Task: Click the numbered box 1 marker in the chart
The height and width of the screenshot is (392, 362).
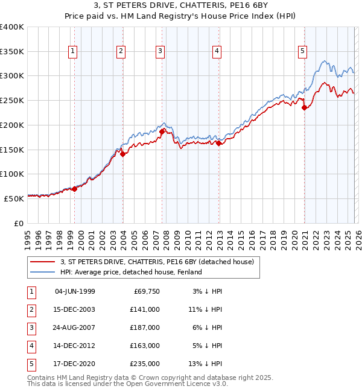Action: click(72, 52)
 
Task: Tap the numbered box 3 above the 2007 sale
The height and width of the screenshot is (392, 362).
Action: click(160, 52)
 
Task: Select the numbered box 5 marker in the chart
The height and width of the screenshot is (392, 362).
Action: click(302, 52)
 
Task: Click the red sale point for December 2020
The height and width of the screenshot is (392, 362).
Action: click(305, 108)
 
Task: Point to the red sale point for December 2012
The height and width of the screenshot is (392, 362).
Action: click(218, 143)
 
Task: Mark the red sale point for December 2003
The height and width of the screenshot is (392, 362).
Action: click(122, 154)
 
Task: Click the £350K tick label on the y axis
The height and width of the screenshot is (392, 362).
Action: click(12, 52)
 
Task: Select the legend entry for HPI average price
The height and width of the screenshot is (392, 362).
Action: click(131, 272)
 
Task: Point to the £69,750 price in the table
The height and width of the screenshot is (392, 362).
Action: click(147, 291)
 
